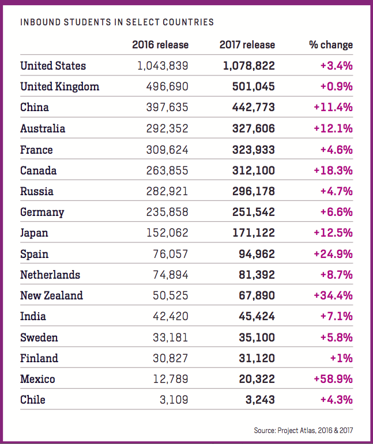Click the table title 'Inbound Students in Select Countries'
(x=117, y=22)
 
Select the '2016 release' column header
(x=160, y=44)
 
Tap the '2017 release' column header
(x=247, y=44)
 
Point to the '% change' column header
(x=331, y=45)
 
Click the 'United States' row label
(x=53, y=66)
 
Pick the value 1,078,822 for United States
(x=249, y=66)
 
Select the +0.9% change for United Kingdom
(x=337, y=87)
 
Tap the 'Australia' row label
(x=43, y=128)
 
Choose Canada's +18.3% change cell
(x=333, y=170)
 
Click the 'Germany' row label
(x=42, y=212)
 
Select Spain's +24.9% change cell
(x=333, y=254)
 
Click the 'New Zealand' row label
(x=51, y=295)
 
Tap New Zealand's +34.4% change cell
(x=333, y=295)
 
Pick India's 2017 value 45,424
(x=257, y=316)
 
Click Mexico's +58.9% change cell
(x=333, y=379)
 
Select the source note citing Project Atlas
(x=303, y=430)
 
